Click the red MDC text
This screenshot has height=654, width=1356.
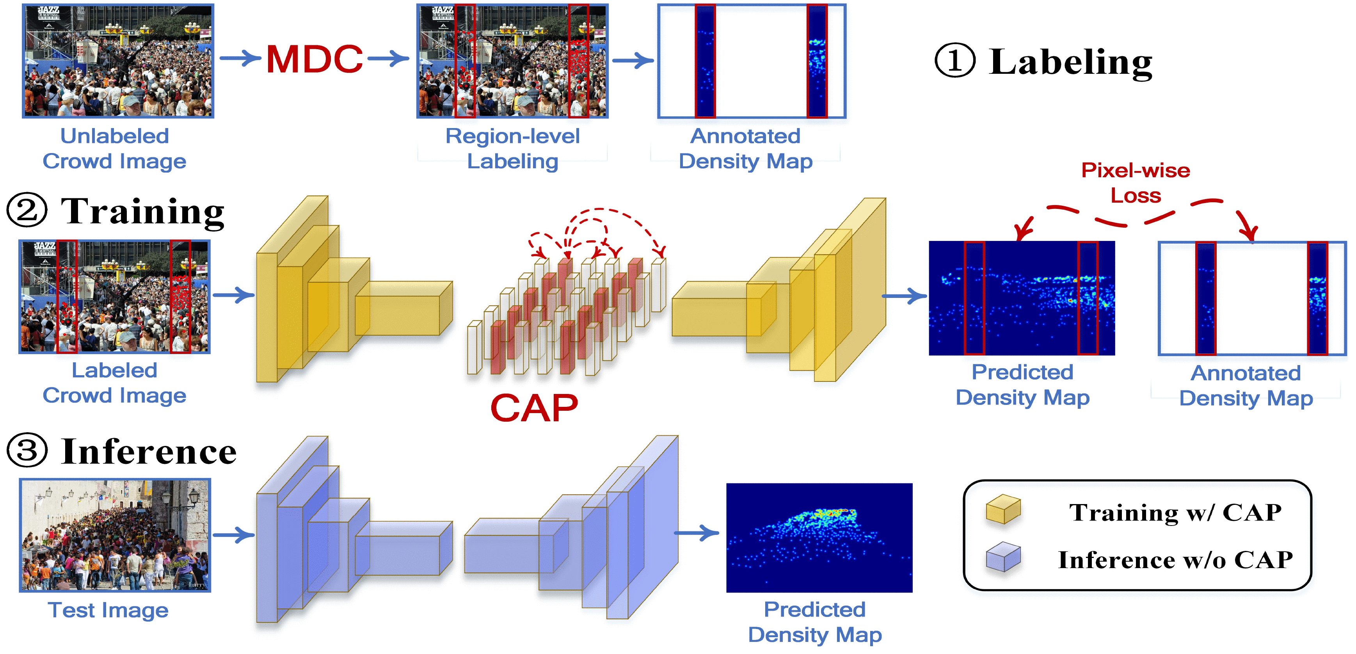tap(314, 59)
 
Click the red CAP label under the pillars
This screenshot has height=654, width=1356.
tap(534, 408)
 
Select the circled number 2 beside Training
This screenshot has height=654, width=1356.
tap(27, 210)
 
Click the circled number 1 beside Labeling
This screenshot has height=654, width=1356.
tap(954, 61)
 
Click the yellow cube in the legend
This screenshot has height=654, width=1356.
tap(1003, 509)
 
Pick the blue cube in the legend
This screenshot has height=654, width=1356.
tap(1003, 557)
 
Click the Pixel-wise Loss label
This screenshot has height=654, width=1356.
tap(1136, 183)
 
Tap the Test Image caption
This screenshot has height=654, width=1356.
tap(108, 610)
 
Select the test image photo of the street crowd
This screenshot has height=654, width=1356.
tap(115, 535)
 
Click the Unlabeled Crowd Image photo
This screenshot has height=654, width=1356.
tap(118, 61)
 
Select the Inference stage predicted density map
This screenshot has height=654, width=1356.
tap(819, 538)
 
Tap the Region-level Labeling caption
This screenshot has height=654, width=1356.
tap(512, 148)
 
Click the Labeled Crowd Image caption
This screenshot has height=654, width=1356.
tap(114, 383)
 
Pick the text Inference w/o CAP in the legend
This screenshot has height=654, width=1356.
tap(1175, 560)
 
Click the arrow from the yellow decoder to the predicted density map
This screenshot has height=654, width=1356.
tap(904, 296)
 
